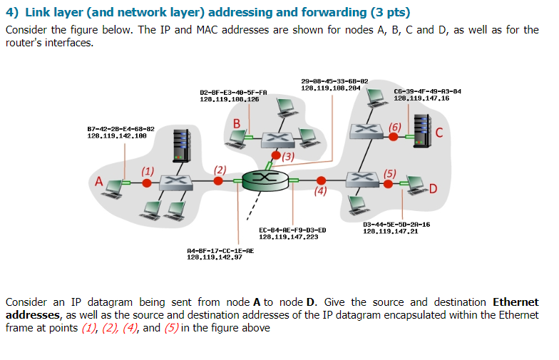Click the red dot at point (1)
[x=147, y=182]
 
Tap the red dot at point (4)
[x=322, y=180]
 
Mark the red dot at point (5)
[x=388, y=183]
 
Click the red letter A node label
[x=99, y=181]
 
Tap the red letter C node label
[x=439, y=133]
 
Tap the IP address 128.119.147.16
[x=422, y=98]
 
